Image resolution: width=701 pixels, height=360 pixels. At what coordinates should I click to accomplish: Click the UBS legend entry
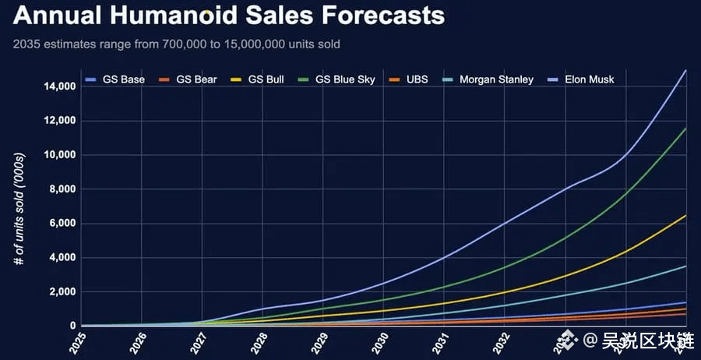click(417, 79)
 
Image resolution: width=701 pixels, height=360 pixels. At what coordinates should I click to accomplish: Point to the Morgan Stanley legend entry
click(495, 79)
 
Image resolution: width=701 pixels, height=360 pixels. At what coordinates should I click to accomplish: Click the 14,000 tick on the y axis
click(60, 86)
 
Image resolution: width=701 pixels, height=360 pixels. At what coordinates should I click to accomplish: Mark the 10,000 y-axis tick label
click(60, 155)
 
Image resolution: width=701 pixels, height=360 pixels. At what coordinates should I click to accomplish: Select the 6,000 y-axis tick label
click(62, 224)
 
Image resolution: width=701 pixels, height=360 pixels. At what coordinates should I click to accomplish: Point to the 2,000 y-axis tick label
click(62, 292)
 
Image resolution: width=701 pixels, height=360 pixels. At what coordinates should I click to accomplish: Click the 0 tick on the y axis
click(73, 326)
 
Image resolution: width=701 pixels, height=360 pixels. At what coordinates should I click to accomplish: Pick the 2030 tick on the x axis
click(382, 344)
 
